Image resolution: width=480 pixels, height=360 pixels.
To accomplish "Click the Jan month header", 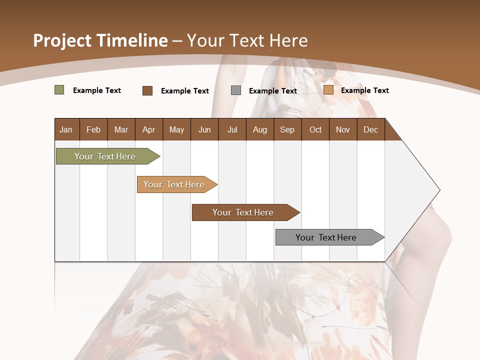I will point(66,129).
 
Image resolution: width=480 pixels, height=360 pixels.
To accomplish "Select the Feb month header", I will point(93,129).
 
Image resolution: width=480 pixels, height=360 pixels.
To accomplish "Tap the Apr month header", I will point(148,129).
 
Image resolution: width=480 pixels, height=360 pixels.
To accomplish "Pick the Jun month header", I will point(204,129).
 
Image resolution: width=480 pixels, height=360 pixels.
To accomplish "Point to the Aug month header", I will point(259,129).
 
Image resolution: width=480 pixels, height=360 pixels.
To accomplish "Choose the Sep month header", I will point(287,129).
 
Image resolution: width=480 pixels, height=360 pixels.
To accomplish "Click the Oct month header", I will point(315,129).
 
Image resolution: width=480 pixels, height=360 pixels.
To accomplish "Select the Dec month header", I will point(370,129).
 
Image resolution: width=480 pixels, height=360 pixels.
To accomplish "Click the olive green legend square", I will point(59,90).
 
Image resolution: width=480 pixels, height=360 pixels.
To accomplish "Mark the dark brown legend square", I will point(147,90).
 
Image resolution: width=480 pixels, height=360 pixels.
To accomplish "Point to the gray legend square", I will point(236,90).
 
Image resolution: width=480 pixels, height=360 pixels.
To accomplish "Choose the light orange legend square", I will point(328,90).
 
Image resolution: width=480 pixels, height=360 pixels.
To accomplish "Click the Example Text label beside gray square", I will point(272,91).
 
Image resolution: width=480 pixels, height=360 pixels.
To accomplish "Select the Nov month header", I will point(343,129).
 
